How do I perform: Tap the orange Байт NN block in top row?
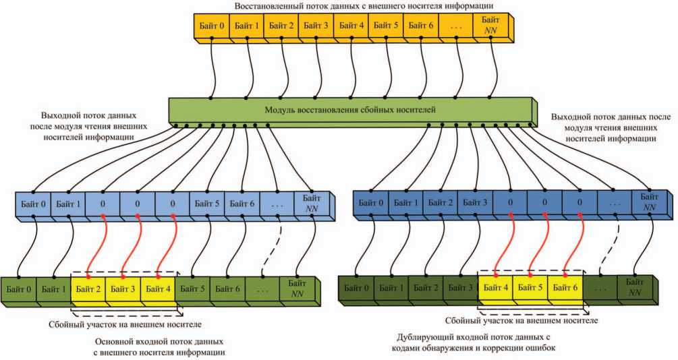point(491,26)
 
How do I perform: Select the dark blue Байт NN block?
point(649,202)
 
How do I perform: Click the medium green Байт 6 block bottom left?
point(227,289)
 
